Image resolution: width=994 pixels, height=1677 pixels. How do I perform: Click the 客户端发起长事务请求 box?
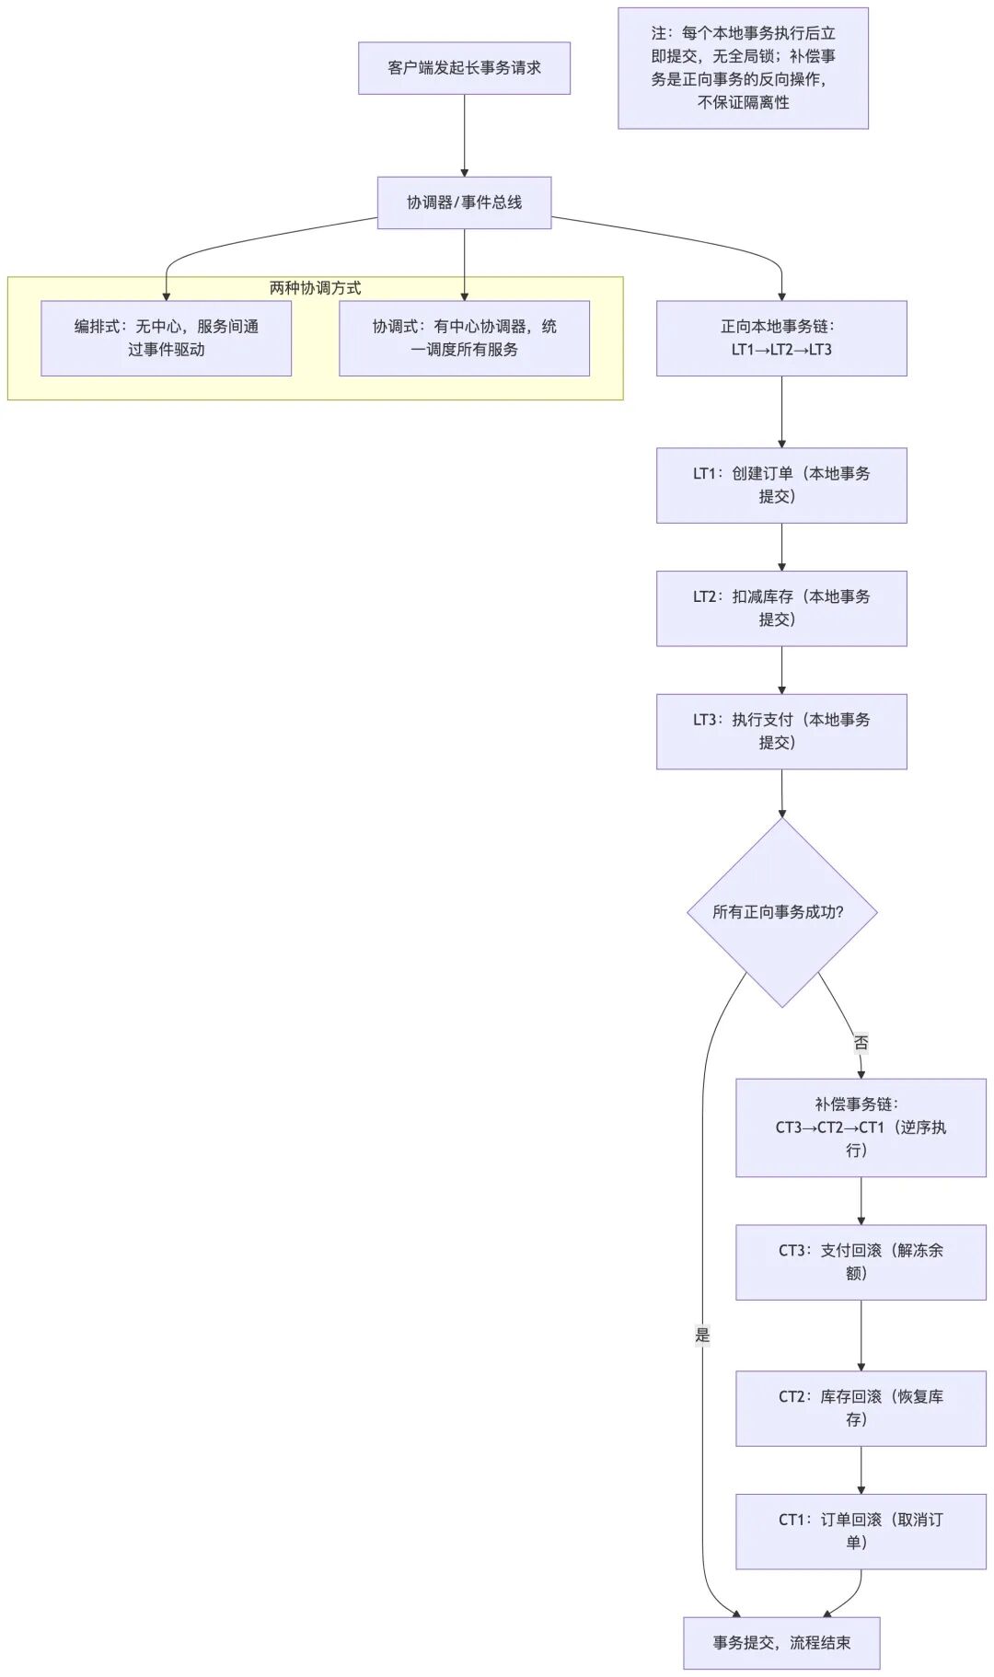click(x=464, y=68)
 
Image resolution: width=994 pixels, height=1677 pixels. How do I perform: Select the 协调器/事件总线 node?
click(x=464, y=202)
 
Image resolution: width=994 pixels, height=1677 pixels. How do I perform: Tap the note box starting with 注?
click(x=743, y=68)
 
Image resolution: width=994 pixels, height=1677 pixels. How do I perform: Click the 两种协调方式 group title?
click(x=315, y=288)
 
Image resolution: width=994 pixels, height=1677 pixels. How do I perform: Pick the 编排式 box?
click(x=166, y=338)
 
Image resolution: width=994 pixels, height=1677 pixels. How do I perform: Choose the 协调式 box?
click(x=464, y=338)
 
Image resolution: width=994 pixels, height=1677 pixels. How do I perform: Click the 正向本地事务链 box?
click(x=781, y=338)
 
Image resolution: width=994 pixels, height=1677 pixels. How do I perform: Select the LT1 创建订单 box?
click(x=781, y=485)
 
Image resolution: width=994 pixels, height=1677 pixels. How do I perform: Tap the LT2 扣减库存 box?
click(x=781, y=608)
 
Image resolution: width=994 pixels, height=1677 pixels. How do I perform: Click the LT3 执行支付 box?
click(x=781, y=732)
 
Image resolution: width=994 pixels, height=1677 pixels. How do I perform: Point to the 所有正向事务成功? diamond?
click(x=781, y=912)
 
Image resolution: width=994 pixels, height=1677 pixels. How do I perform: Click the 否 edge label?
click(x=861, y=1043)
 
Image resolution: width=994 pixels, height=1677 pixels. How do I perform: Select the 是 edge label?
click(x=702, y=1335)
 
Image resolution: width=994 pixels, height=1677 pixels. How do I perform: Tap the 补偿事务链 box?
click(x=861, y=1128)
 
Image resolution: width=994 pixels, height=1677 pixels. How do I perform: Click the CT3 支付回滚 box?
click(x=861, y=1262)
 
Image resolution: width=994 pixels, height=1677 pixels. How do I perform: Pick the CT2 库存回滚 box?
click(x=861, y=1408)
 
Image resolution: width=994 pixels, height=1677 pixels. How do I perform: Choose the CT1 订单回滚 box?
click(x=861, y=1532)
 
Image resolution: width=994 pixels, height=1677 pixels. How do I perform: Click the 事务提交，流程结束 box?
click(x=781, y=1643)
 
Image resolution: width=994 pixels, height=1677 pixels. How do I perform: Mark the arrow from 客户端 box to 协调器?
click(x=464, y=135)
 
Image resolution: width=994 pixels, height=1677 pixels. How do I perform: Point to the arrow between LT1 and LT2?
click(x=781, y=547)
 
